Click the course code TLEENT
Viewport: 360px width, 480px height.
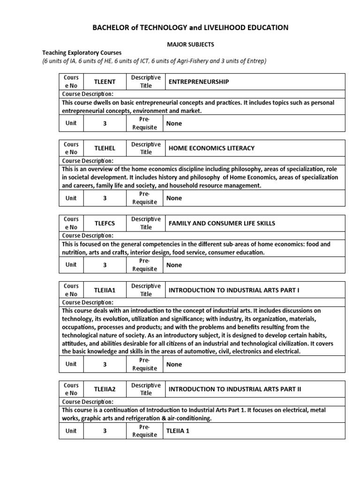tap(105, 82)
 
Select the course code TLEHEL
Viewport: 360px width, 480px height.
tap(105, 148)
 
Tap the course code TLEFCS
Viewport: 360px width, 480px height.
tap(105, 223)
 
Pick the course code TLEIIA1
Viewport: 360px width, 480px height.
tap(105, 290)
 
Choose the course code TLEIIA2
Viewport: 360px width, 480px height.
tap(105, 389)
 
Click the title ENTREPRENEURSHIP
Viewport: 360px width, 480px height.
tap(198, 82)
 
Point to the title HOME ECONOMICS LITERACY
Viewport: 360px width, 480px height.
tap(211, 148)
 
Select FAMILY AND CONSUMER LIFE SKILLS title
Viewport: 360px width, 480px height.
tap(222, 223)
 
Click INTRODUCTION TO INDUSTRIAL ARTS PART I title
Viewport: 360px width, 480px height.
tap(234, 290)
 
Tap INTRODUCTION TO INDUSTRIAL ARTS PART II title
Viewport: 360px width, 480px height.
tap(235, 389)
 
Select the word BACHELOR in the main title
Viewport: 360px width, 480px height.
tap(115, 28)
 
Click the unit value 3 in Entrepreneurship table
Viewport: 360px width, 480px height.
tap(105, 124)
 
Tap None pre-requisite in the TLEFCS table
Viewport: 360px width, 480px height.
tap(174, 265)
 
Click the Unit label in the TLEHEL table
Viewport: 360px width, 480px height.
tap(71, 198)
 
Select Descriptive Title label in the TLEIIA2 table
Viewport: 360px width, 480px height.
tap(146, 389)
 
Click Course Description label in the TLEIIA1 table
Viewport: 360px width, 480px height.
tap(87, 302)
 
